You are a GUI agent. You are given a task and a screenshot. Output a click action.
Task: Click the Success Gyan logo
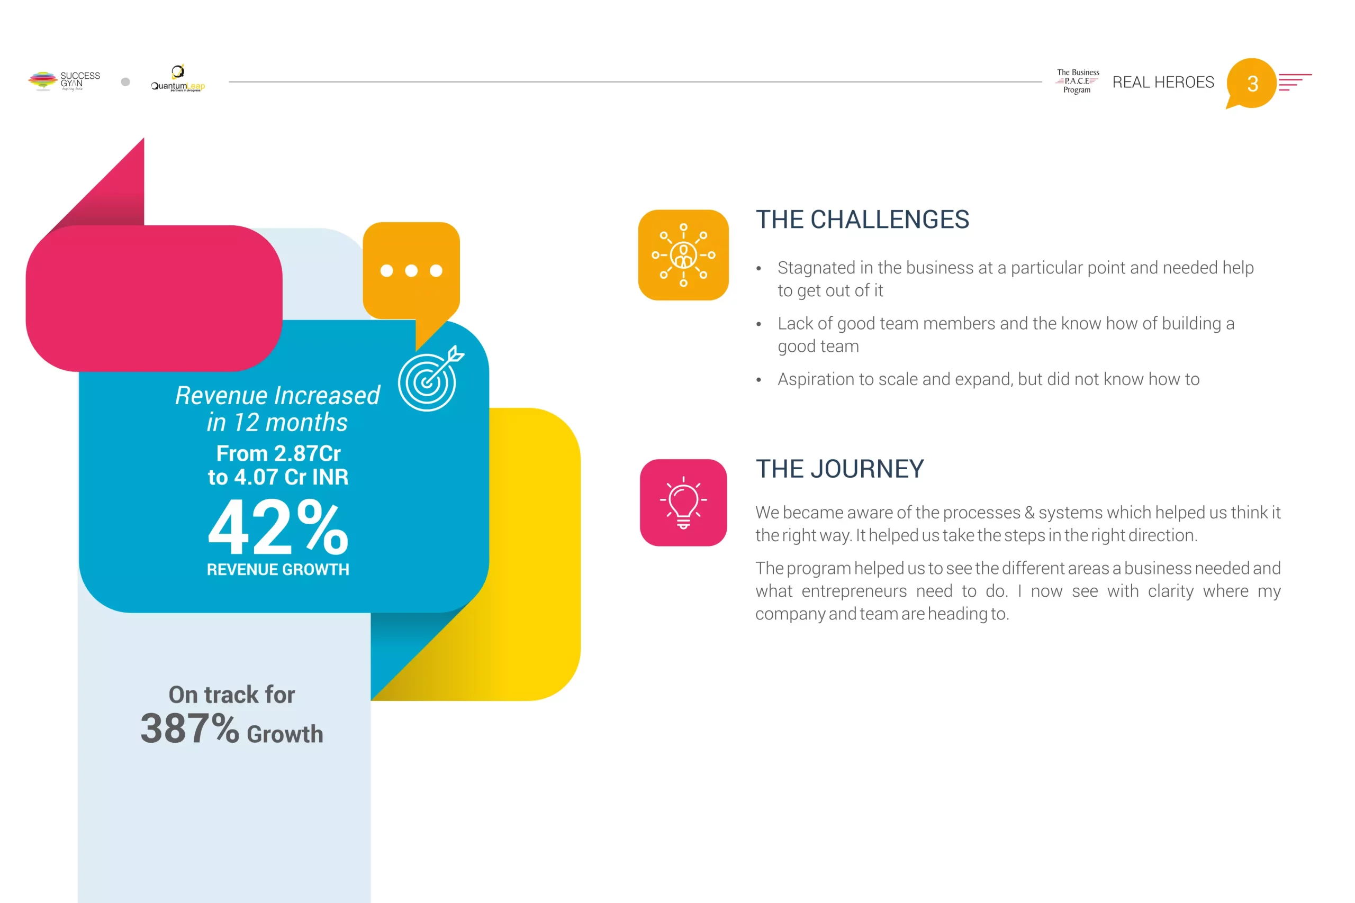click(64, 80)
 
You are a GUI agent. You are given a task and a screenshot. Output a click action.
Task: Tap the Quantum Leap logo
click(177, 78)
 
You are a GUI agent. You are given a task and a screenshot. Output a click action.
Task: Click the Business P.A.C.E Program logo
click(1077, 81)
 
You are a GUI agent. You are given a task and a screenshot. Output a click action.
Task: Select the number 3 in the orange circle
click(1252, 84)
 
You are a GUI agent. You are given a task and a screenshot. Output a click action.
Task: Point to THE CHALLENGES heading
click(862, 220)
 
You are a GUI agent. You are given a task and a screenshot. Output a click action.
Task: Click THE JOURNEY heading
click(840, 469)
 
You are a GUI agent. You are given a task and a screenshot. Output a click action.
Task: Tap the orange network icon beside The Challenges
click(683, 255)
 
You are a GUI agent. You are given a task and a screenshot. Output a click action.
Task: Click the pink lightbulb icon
click(683, 503)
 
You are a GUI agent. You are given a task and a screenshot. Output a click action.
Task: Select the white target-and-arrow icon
click(430, 379)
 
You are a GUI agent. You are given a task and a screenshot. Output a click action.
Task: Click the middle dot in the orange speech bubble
click(411, 271)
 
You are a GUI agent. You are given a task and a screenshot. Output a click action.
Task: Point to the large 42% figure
click(278, 527)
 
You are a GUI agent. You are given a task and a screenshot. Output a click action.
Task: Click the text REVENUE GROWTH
click(278, 570)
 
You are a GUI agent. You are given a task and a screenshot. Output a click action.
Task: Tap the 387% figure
click(189, 728)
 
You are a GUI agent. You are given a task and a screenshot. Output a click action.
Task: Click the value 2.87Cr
click(308, 454)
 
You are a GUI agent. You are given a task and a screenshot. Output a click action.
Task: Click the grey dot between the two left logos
click(125, 82)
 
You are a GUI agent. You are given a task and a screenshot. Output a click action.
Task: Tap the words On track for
click(232, 695)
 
